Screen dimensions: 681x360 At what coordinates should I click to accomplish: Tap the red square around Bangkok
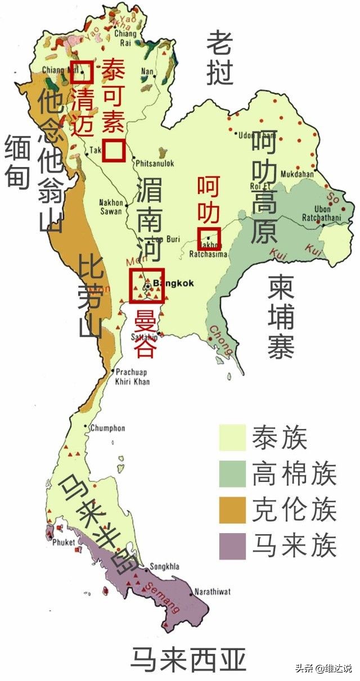[x=146, y=286]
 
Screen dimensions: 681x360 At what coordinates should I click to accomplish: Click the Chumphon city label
[x=107, y=428]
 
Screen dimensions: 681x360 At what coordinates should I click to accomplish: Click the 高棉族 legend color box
[x=232, y=474]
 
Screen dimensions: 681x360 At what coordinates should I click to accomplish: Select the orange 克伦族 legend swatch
[x=232, y=510]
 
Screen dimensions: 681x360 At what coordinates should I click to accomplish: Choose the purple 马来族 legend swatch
[x=232, y=545]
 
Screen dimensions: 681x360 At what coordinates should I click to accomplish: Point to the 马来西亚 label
[x=188, y=659]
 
